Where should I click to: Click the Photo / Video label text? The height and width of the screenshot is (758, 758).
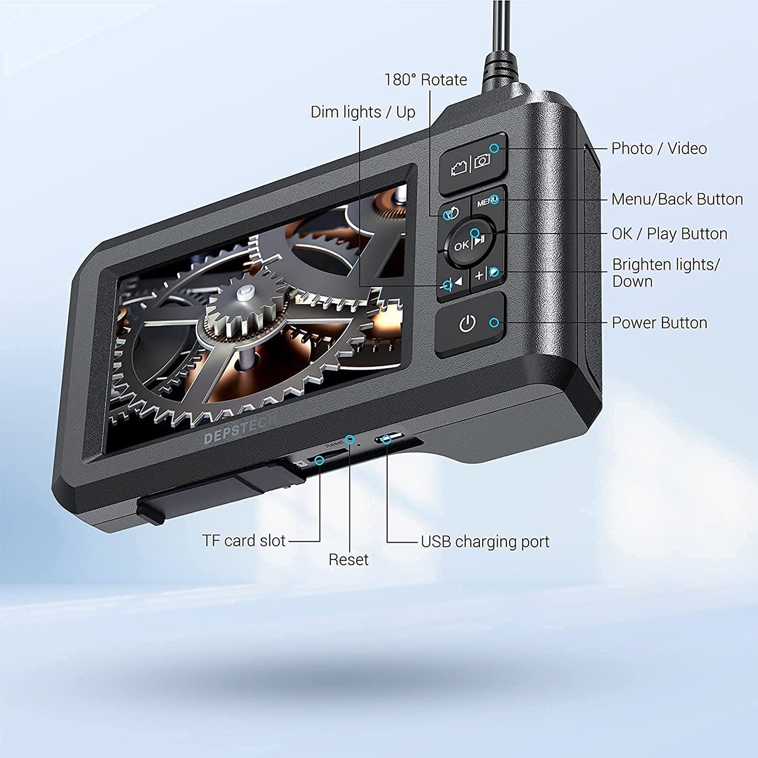(659, 148)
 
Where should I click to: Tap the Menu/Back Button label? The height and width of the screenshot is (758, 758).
(677, 199)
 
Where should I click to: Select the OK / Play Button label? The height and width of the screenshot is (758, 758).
(669, 233)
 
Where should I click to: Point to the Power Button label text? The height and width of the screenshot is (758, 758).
(659, 323)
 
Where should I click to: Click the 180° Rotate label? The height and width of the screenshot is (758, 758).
(425, 80)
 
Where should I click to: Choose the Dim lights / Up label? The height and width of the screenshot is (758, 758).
(362, 112)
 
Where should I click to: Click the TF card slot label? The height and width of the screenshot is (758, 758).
(244, 541)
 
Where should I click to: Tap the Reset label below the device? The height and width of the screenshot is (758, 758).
(348, 560)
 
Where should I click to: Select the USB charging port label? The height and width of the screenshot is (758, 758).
(485, 542)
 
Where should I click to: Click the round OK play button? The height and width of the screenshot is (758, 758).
(469, 243)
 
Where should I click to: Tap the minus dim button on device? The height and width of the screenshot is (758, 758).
(452, 283)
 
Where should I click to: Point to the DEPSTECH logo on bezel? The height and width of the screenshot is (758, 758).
(239, 430)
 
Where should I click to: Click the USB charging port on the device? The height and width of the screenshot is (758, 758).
(389, 437)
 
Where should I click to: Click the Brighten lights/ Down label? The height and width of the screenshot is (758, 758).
(665, 273)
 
